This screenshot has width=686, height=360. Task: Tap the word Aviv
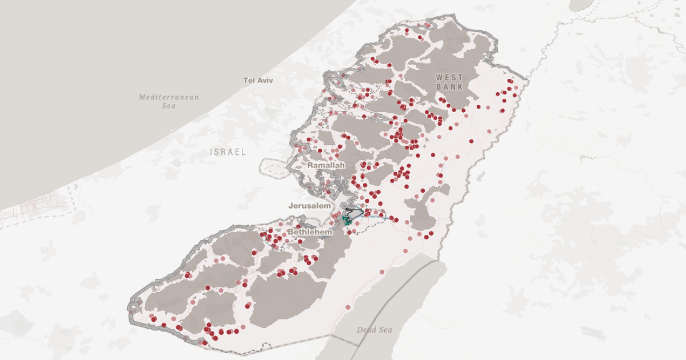click(x=265, y=81)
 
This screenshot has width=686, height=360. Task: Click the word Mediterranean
click(x=169, y=97)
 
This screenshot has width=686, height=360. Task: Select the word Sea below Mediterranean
click(x=169, y=106)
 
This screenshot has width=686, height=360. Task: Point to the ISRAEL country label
click(x=228, y=152)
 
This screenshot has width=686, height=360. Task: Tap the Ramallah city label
click(x=326, y=165)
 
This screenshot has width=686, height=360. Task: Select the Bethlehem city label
click(x=310, y=233)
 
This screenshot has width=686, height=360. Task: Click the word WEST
click(x=449, y=77)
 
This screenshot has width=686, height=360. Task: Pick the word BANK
click(x=449, y=86)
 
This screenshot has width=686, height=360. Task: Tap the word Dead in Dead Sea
click(x=366, y=330)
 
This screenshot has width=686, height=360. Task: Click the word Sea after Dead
click(x=385, y=330)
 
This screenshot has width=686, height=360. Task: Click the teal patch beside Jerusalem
click(x=346, y=219)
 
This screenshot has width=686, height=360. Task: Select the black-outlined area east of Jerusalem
click(x=354, y=212)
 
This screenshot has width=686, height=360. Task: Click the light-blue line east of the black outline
click(x=377, y=217)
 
